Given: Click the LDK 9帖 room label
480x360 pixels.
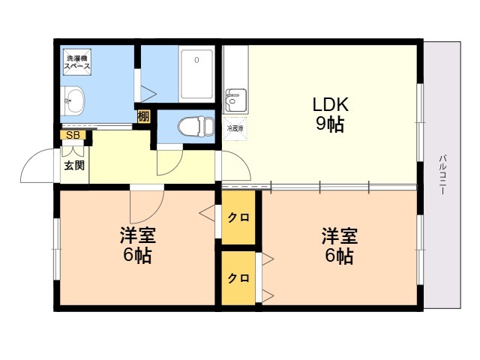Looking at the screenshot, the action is coord(330,115).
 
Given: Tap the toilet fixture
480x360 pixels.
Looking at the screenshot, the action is coord(196,126).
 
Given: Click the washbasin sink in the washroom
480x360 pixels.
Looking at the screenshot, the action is coord(72,100).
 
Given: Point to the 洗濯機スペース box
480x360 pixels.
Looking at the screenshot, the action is coord(77,61).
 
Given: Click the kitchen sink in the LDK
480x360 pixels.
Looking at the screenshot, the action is coord(235,100).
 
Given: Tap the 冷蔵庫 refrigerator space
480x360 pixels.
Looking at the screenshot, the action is coord(235,128).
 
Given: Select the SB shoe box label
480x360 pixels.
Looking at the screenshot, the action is coord(73,135).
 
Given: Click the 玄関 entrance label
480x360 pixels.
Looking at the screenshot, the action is coord(74,166).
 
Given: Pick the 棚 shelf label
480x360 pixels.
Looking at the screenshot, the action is coord(143,116).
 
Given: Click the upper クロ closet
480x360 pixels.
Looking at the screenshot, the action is coord(238,217).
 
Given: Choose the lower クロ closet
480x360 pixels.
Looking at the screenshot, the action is coord(238,278).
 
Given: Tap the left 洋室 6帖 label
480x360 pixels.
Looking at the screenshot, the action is coord(137,245).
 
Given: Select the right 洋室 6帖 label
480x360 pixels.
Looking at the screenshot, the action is coord(339,245).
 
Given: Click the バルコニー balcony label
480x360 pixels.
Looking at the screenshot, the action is coord(442,175).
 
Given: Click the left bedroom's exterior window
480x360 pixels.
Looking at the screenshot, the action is coord(57,248).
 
